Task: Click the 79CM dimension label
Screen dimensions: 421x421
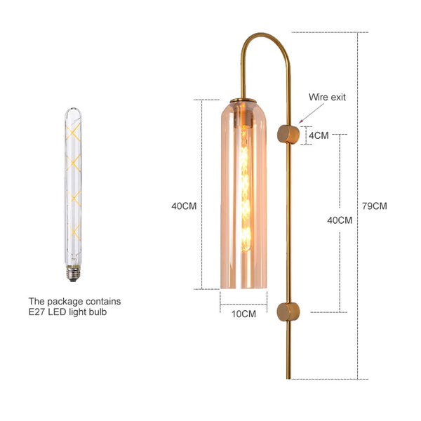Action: click(x=374, y=206)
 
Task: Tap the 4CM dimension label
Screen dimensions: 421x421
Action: click(x=319, y=135)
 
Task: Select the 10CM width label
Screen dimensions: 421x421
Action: click(x=243, y=314)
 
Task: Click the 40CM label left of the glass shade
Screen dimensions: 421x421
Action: click(x=184, y=206)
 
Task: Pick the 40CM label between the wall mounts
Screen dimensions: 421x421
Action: click(x=340, y=220)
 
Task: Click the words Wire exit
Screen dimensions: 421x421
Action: click(x=327, y=97)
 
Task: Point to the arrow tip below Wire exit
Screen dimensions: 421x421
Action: click(x=300, y=123)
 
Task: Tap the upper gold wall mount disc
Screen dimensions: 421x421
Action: click(x=288, y=134)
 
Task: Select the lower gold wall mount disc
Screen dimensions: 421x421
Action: click(x=288, y=312)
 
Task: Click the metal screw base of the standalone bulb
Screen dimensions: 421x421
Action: click(x=73, y=273)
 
